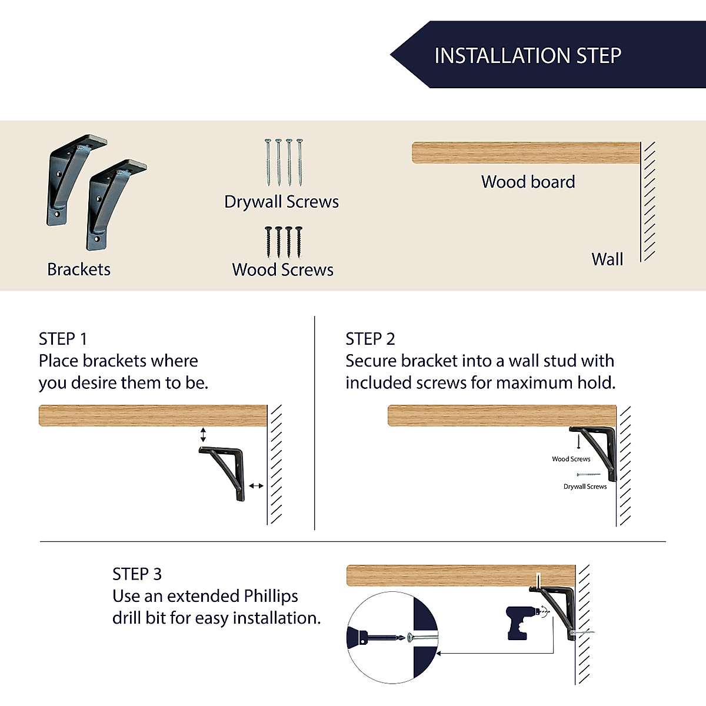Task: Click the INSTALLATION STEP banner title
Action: (x=527, y=56)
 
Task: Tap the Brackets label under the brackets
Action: (x=79, y=269)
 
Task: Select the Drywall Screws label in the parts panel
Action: (x=281, y=202)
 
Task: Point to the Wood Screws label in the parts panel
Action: (x=282, y=270)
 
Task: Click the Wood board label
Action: (x=528, y=182)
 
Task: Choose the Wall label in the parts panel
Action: (x=607, y=259)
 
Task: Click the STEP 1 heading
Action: (x=63, y=339)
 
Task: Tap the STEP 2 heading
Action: (x=370, y=339)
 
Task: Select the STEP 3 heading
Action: (x=136, y=574)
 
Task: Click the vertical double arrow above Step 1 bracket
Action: (x=203, y=435)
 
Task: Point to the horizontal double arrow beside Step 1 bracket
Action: (x=256, y=485)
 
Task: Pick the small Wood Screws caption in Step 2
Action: (x=571, y=459)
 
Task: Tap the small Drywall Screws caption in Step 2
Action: (x=585, y=487)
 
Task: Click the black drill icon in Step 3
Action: (x=520, y=622)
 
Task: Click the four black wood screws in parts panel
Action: (x=283, y=242)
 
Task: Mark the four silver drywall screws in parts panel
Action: (x=283, y=162)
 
